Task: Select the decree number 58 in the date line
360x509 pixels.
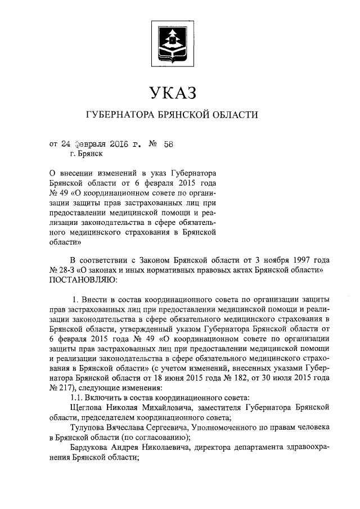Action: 168,143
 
